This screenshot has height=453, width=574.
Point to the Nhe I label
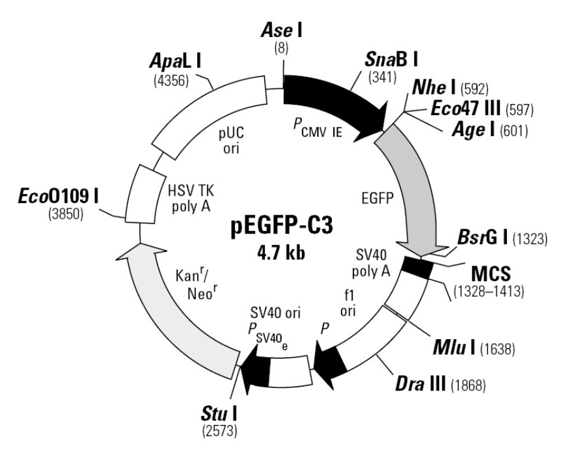(432, 87)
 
